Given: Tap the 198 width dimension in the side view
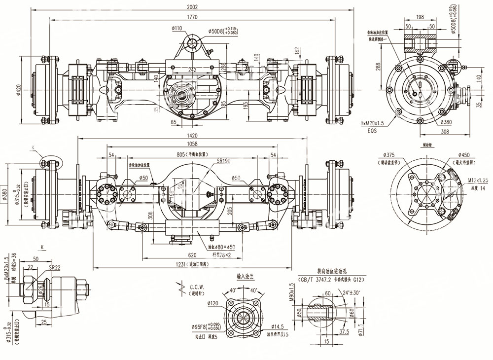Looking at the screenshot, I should pos(420,17).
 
